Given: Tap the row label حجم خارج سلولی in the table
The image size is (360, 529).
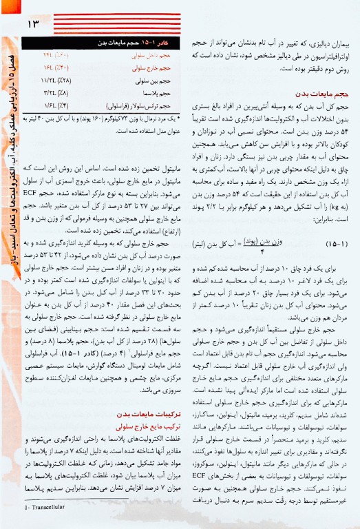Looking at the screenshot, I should point(151,68).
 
